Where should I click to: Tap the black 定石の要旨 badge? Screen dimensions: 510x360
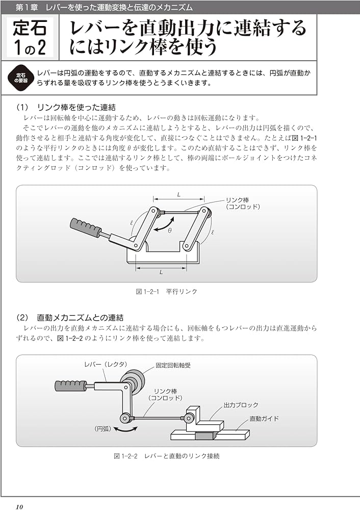21,78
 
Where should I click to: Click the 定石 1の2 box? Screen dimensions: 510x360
30,37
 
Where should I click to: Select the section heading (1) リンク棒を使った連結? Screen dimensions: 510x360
66,108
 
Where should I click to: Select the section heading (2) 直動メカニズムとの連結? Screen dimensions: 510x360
70,318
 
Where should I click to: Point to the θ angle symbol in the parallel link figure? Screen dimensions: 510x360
170,231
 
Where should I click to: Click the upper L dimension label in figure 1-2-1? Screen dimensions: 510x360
179,194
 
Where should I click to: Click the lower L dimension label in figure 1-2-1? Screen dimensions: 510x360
161,272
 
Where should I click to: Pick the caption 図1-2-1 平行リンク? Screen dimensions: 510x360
166,292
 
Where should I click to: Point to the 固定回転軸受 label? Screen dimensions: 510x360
173,366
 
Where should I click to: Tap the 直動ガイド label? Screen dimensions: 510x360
264,419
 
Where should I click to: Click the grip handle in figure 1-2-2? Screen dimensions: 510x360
70,385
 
